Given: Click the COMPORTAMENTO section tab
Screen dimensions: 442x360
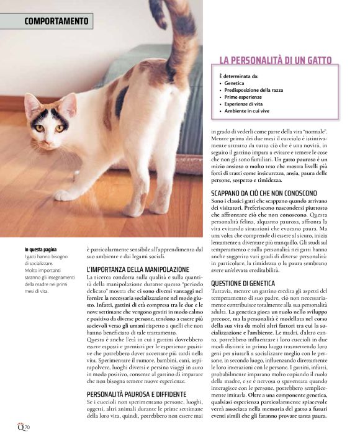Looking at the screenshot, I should [56, 21].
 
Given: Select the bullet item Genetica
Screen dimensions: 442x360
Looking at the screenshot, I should [235, 83].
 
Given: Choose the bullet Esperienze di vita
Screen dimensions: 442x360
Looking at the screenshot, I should [244, 105].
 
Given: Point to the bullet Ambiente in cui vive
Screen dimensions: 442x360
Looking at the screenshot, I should [247, 112].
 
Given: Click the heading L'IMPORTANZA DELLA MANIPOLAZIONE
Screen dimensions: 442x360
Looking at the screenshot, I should [138, 269].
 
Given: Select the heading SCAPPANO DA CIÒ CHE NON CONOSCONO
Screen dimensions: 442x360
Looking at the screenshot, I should [268, 192].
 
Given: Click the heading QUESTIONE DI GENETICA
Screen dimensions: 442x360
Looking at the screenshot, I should [243, 283].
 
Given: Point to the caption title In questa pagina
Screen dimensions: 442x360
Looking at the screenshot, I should [40, 250].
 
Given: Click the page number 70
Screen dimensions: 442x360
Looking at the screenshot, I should [27, 428].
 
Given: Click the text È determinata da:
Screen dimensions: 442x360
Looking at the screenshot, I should [240, 75].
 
